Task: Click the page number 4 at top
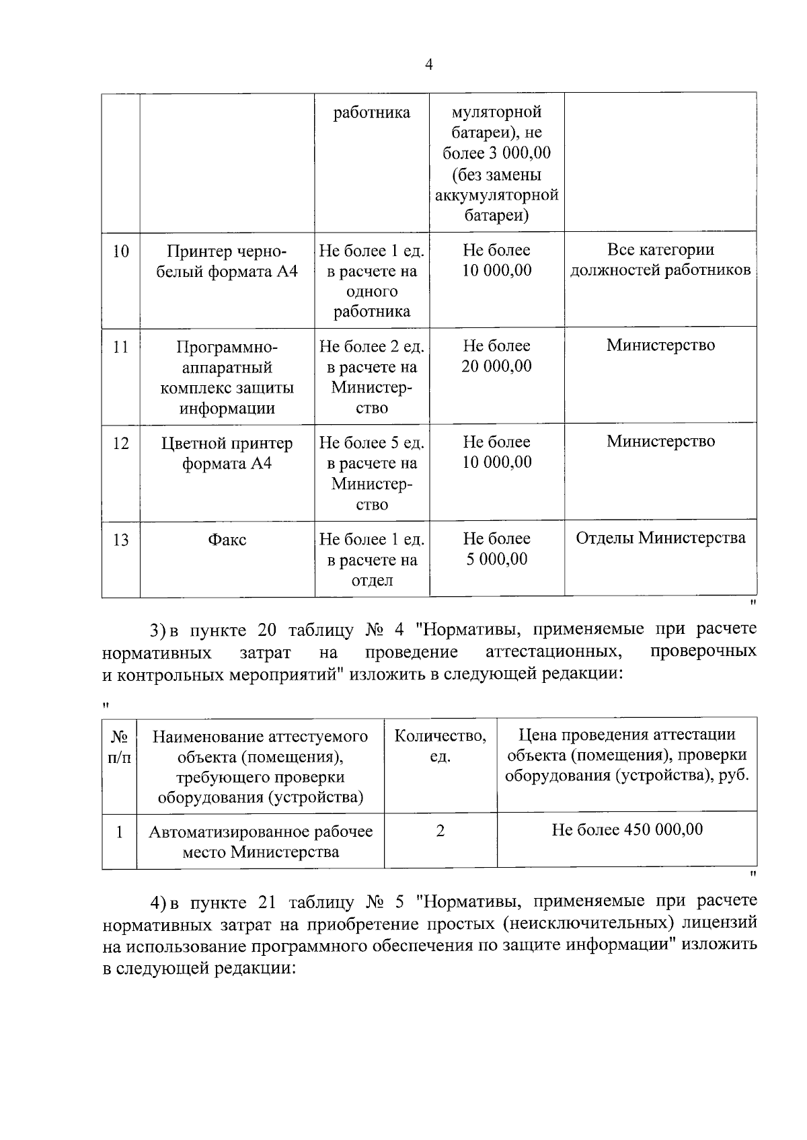pyautogui.click(x=429, y=65)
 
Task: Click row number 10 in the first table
pyautogui.click(x=120, y=252)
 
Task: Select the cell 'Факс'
pyautogui.click(x=227, y=540)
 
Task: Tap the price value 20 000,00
pyautogui.click(x=496, y=367)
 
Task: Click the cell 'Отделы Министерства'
pyautogui.click(x=660, y=538)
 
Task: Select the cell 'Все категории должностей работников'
pyautogui.click(x=660, y=260)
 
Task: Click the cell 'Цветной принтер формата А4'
pyautogui.click(x=227, y=454)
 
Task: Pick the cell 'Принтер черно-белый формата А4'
pyautogui.click(x=227, y=261)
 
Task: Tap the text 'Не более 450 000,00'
pyautogui.click(x=627, y=830)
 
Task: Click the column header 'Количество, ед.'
pyautogui.click(x=440, y=746)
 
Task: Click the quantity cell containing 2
pyautogui.click(x=440, y=831)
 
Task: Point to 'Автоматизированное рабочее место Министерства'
pyautogui.click(x=260, y=842)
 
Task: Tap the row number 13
pyautogui.click(x=120, y=540)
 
